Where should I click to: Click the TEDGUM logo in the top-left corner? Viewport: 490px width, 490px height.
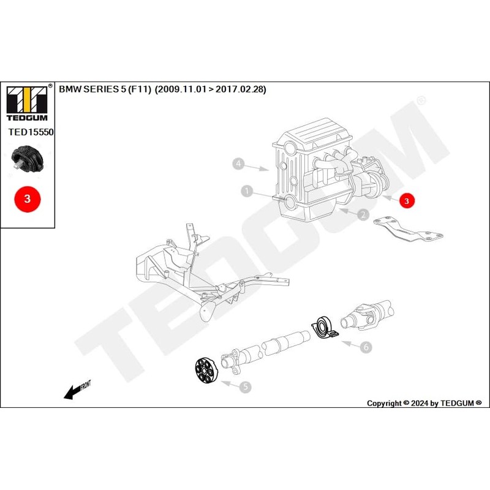click(x=28, y=100)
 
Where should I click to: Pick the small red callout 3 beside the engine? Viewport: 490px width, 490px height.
click(x=407, y=200)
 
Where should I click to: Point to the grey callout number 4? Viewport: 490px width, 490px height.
click(x=239, y=164)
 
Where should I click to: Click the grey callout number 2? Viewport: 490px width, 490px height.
click(x=363, y=214)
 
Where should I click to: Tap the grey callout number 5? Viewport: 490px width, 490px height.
click(x=244, y=386)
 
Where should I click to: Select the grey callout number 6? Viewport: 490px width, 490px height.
click(x=366, y=347)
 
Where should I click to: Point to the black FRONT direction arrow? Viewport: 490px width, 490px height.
click(x=77, y=390)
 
